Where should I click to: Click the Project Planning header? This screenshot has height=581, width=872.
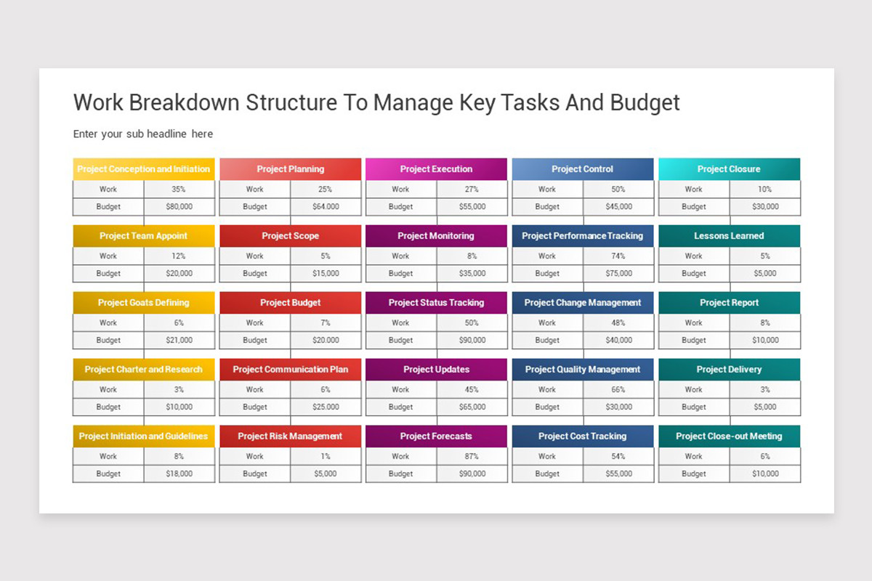[x=290, y=169]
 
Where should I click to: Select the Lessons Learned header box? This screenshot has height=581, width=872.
[x=729, y=236]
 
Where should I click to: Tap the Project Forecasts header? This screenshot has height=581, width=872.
[x=436, y=436]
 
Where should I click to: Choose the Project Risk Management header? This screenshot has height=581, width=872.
[x=290, y=436]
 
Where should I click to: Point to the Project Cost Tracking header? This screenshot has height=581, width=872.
[x=582, y=436]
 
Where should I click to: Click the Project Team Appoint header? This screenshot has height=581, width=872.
[x=143, y=236]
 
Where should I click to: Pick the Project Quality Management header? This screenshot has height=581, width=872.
[x=582, y=370]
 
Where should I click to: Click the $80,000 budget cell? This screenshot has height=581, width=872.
[x=179, y=207]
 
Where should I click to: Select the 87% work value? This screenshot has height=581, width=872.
[x=472, y=457]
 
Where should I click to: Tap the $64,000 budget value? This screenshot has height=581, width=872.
[x=326, y=207]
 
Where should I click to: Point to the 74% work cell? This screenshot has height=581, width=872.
[x=618, y=256]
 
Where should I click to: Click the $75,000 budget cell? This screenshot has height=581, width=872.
[x=618, y=274]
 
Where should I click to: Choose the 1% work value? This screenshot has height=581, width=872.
[x=326, y=457]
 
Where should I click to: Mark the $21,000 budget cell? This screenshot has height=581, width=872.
[x=179, y=341]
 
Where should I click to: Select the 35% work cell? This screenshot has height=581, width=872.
[x=179, y=190]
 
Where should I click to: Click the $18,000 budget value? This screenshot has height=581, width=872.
[x=179, y=474]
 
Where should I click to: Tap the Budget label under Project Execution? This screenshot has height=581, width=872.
[x=400, y=207]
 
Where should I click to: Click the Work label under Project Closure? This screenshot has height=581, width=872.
[x=693, y=190]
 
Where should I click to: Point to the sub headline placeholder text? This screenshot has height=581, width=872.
[x=143, y=134]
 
